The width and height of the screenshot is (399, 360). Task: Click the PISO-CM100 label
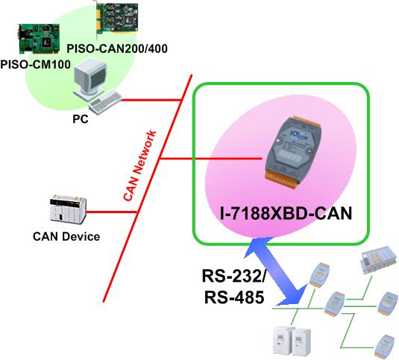click(35, 64)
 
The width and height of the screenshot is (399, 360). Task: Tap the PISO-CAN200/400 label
click(117, 48)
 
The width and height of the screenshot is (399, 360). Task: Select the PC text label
click(81, 119)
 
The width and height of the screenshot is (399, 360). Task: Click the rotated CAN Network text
click(139, 165)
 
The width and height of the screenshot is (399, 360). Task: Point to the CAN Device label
click(66, 236)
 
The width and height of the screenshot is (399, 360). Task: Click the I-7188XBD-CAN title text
click(286, 213)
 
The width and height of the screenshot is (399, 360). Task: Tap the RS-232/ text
click(233, 276)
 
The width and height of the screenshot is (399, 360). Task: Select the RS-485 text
click(234, 297)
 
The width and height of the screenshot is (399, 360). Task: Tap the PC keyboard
click(105, 102)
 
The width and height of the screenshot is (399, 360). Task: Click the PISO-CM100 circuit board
click(39, 39)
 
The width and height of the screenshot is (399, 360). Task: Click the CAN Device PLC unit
click(68, 208)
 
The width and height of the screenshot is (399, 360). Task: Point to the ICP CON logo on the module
click(299, 134)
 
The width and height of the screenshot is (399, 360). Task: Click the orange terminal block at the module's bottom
click(283, 180)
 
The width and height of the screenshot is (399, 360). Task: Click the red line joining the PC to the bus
click(151, 100)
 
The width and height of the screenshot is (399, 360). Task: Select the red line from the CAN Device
click(112, 212)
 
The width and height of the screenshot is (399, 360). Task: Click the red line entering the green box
click(211, 159)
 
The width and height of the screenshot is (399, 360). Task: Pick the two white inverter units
click(292, 342)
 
